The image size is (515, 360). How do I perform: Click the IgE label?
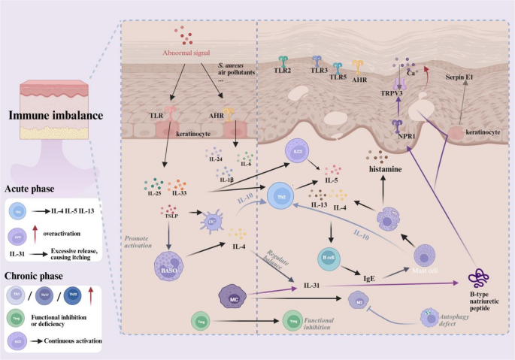[x=370, y=278]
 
